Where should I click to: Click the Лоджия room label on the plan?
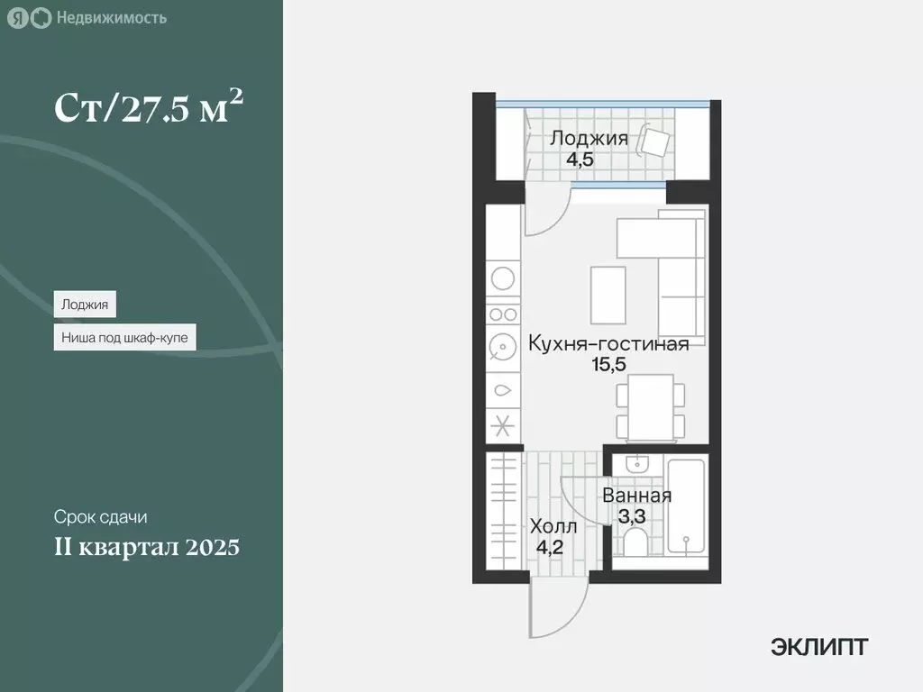(589, 138)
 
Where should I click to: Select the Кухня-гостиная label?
(608, 343)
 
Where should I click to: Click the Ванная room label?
(636, 496)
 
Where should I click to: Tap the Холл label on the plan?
(553, 525)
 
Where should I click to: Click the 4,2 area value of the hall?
(550, 546)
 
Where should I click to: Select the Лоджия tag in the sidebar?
(85, 305)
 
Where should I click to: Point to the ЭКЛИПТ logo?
(819, 646)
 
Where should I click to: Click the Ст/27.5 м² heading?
(150, 108)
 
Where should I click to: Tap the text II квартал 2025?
(147, 547)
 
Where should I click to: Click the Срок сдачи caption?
(100, 518)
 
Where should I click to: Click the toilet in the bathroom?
(635, 543)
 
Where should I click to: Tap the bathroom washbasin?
(636, 465)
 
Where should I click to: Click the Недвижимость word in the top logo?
(111, 17)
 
